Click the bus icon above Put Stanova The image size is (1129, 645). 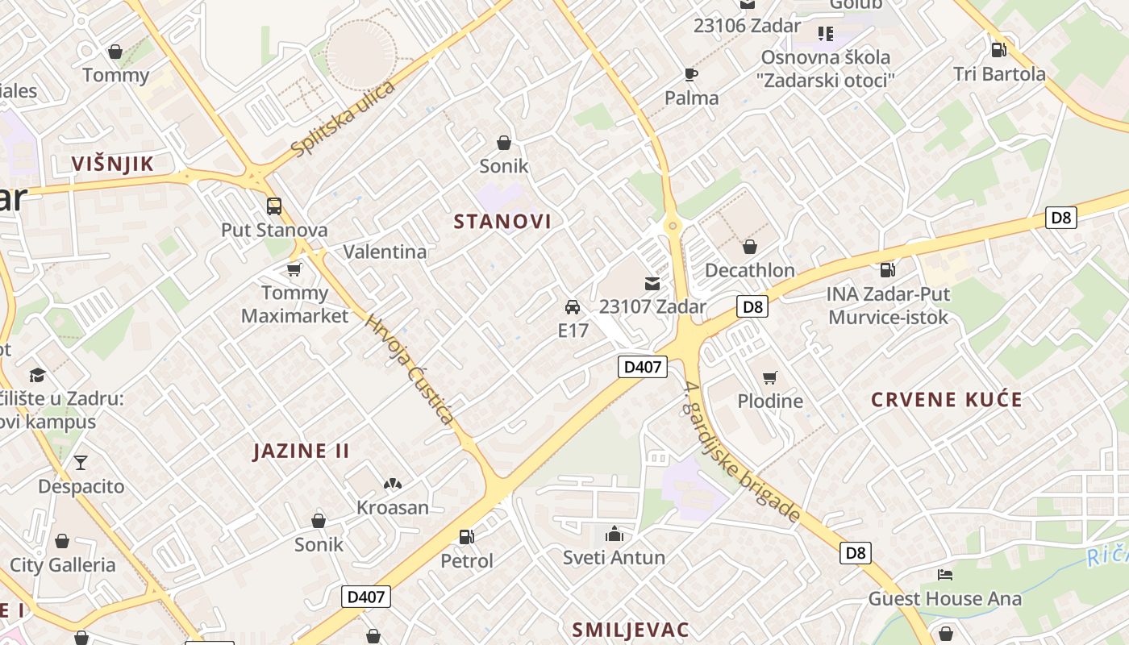click(274, 206)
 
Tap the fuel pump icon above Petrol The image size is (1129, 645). click(466, 536)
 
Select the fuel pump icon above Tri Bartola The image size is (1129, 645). click(998, 50)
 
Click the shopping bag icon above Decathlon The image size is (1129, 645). click(750, 247)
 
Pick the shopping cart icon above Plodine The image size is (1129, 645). click(770, 377)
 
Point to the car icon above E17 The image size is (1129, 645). click(573, 307)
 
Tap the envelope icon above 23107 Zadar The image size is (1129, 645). click(652, 283)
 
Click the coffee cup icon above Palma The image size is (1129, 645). click(691, 75)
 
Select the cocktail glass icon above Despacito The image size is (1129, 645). click(81, 463)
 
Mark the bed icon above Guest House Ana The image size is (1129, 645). click(945, 575)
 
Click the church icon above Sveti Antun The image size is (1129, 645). click(614, 534)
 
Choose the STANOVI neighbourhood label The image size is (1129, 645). click(502, 222)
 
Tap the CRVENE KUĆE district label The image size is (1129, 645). click(947, 400)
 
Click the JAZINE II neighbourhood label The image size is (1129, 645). click(302, 451)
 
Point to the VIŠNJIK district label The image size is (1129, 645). click(112, 164)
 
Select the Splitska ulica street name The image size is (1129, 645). click(344, 119)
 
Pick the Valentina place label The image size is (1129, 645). click(385, 252)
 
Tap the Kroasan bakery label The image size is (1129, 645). click(393, 507)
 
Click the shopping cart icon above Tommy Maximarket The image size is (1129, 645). click(294, 269)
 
